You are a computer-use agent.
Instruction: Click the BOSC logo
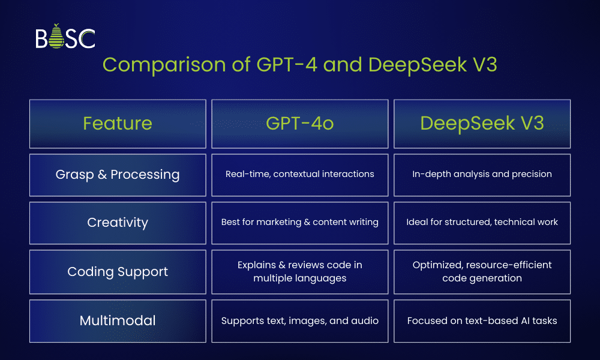65,37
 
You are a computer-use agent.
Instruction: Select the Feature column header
118,124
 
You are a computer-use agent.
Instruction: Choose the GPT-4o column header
300,124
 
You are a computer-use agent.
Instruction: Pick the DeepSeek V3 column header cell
482,124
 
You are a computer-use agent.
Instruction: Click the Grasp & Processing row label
118,175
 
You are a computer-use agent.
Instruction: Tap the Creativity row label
118,223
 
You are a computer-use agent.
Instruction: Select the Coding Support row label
118,271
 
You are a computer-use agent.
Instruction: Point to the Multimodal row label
118,320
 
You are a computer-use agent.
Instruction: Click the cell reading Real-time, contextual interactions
300,175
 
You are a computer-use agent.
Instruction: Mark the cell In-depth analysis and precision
482,175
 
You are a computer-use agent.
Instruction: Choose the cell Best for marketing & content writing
300,223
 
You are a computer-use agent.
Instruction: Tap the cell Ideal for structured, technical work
482,223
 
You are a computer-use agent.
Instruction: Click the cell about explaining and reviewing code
300,271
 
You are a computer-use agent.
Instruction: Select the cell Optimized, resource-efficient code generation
482,271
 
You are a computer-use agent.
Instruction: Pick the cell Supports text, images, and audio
300,320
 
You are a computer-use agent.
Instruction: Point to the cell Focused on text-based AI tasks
482,320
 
